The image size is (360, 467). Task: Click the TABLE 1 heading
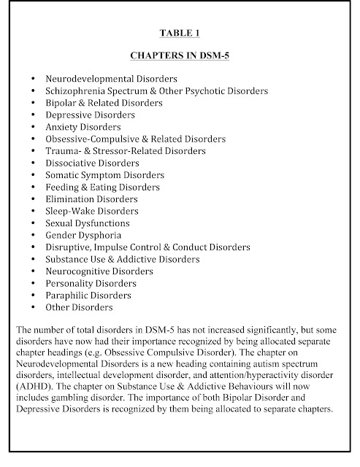[180, 32]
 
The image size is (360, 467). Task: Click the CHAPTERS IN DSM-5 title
[180, 54]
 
